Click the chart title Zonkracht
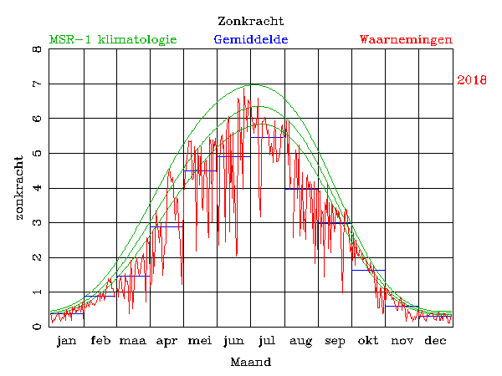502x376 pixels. (x=250, y=21)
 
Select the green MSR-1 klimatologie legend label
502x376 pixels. (x=113, y=39)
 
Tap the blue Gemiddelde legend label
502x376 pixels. (x=251, y=39)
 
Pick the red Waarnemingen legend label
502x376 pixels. (x=406, y=39)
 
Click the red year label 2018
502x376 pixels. (x=472, y=80)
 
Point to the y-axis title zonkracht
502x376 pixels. (x=18, y=188)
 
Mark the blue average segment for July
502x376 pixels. (x=268, y=137)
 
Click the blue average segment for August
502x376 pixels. (x=302, y=189)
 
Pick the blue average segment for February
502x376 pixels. (x=100, y=296)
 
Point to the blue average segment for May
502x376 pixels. (x=201, y=170)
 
